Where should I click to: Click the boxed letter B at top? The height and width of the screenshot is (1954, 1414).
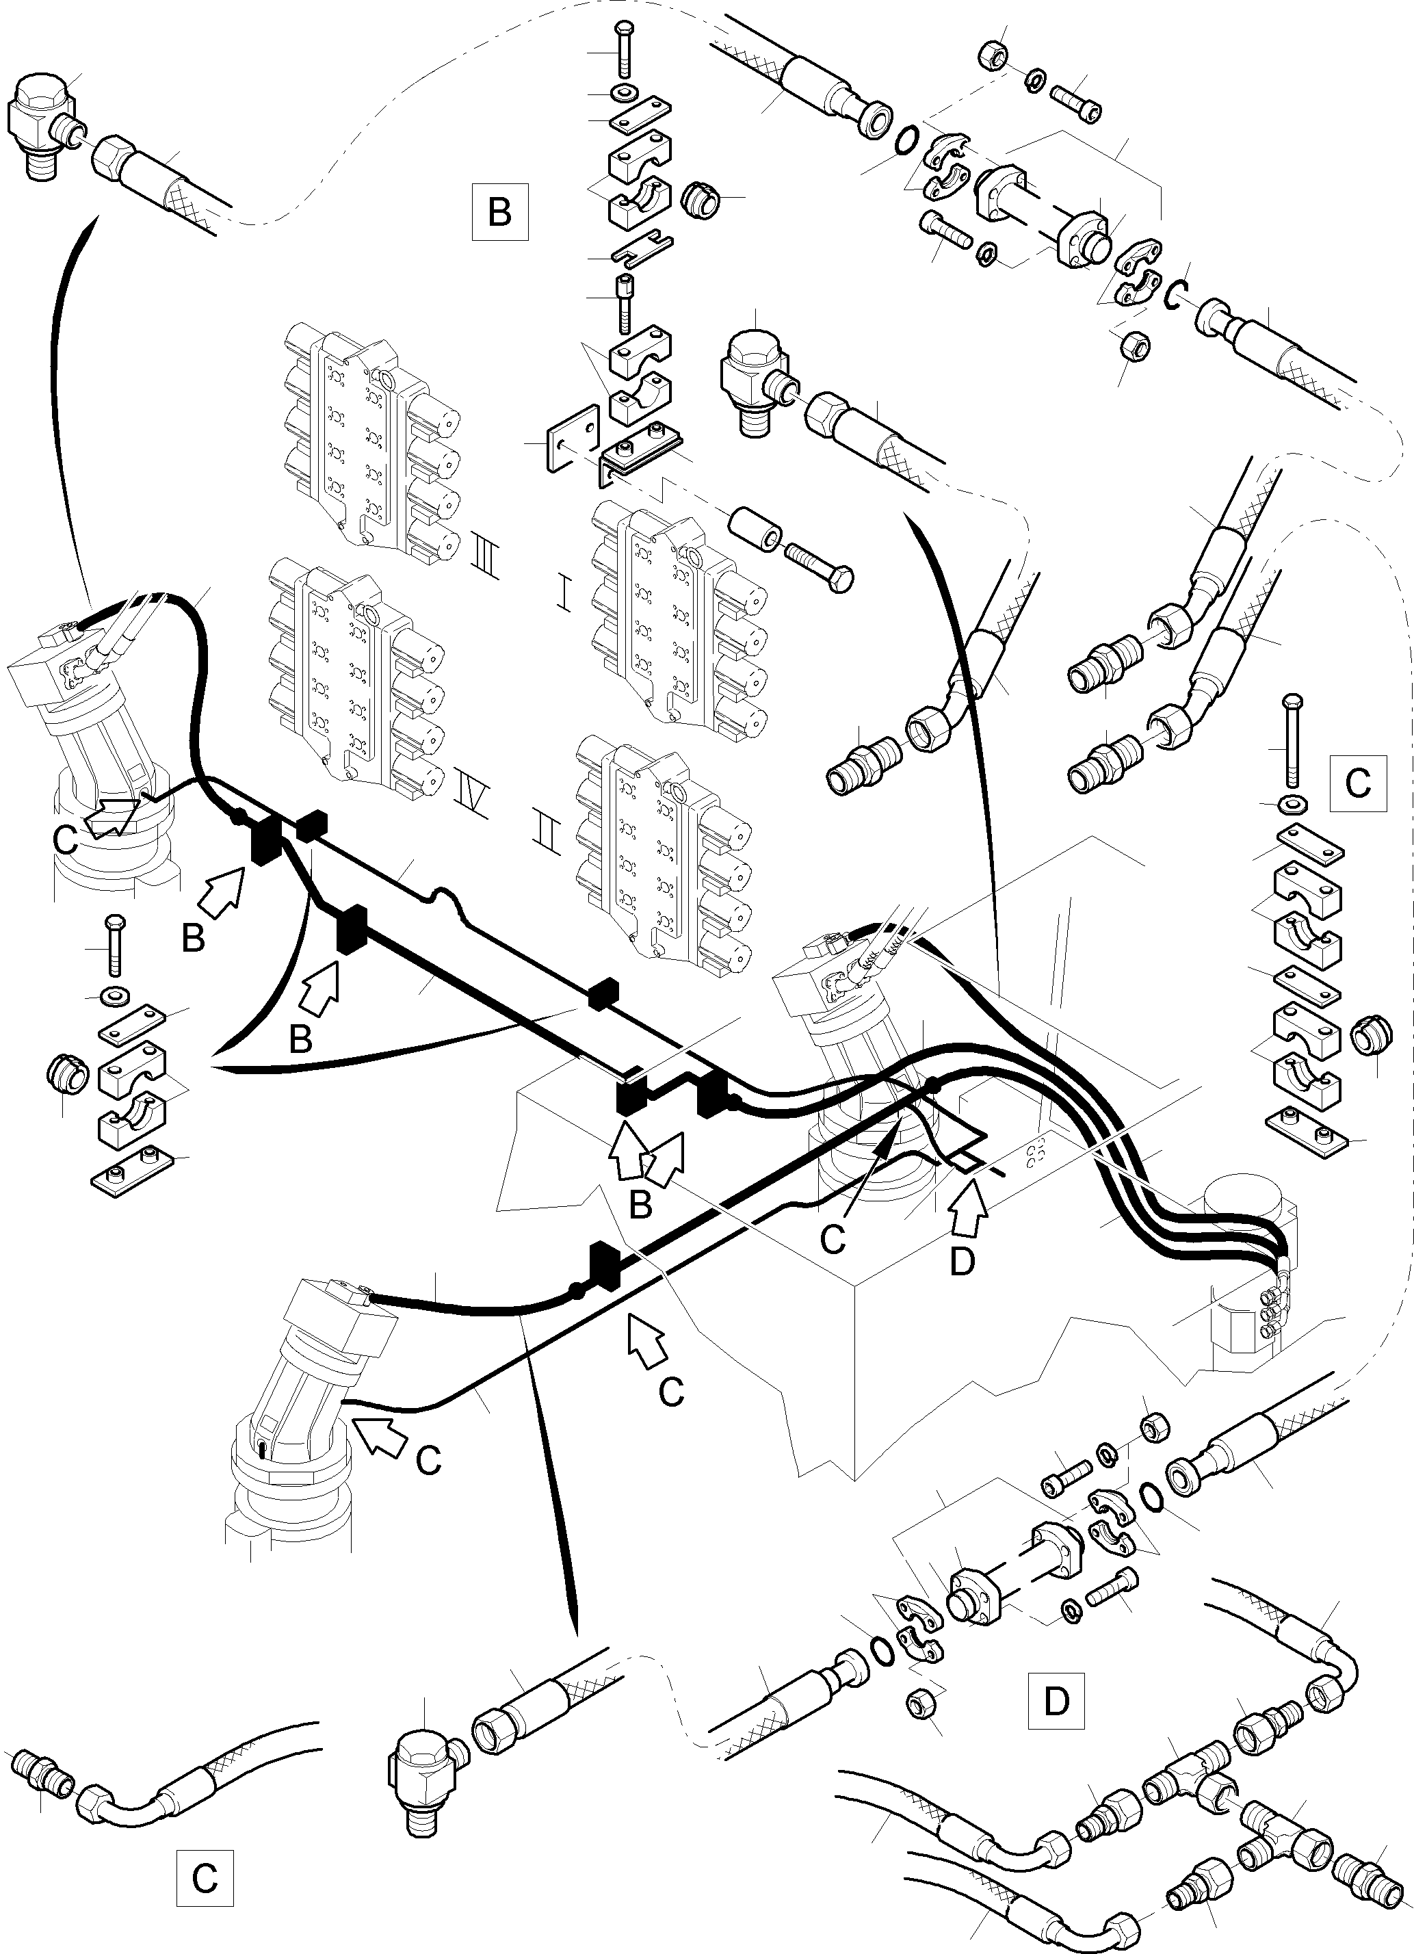pyautogui.click(x=500, y=211)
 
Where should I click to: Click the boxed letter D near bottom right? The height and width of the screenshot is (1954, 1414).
pyautogui.click(x=1056, y=1701)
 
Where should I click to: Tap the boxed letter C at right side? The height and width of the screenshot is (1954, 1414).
pyautogui.click(x=1357, y=783)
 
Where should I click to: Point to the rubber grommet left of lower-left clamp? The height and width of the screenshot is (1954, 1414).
pyautogui.click(x=64, y=1073)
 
